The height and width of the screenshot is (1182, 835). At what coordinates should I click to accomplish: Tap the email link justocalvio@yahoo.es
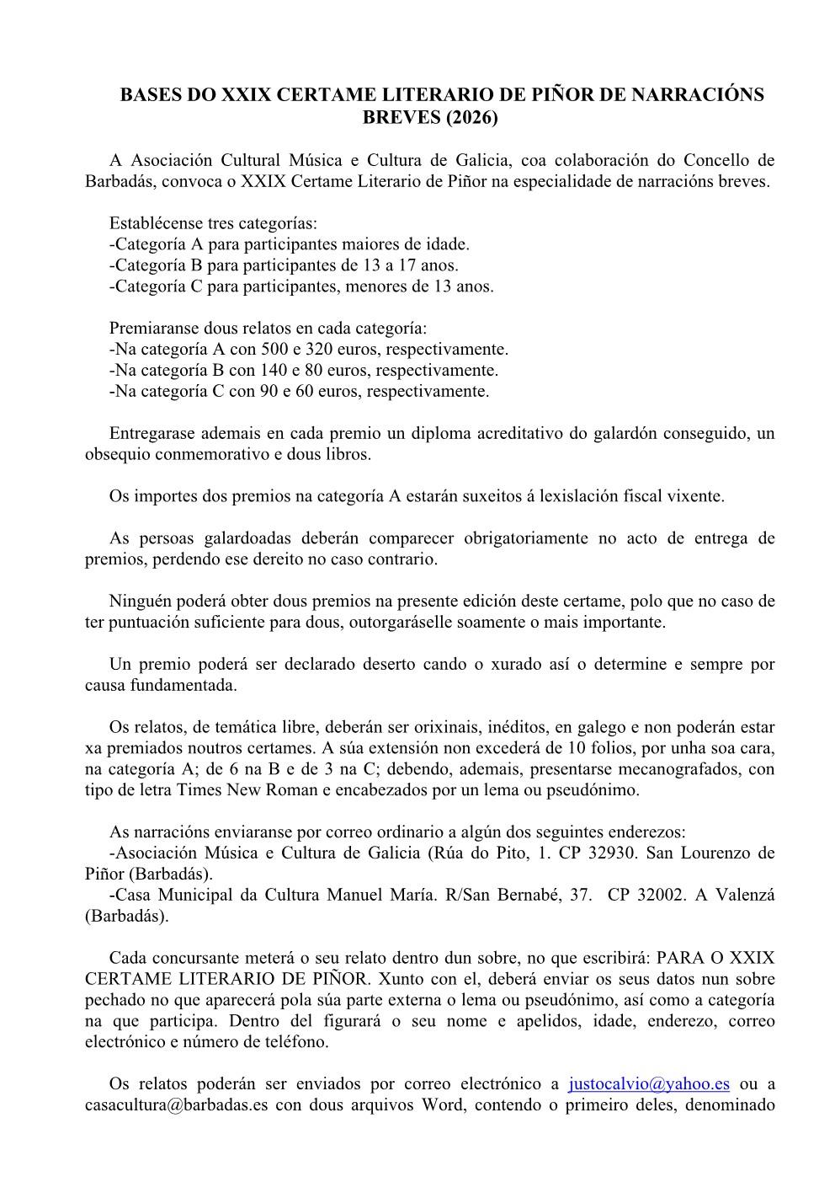649,1083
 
